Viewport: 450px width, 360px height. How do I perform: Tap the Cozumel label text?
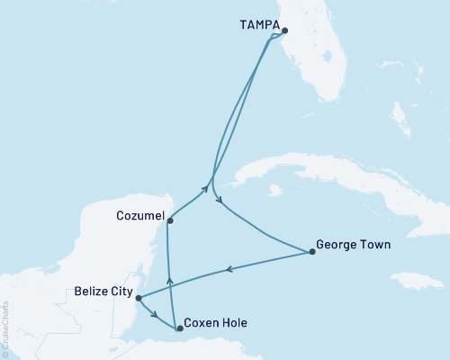(x=139, y=216)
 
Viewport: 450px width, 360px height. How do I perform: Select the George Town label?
(x=354, y=244)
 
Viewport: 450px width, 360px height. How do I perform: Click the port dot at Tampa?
(x=284, y=31)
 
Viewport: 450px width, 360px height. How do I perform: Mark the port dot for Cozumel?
(x=169, y=220)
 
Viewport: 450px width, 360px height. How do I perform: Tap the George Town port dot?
(x=311, y=252)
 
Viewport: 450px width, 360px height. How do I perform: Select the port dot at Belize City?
(x=138, y=297)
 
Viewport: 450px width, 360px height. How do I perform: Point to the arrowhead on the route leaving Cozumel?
(x=205, y=189)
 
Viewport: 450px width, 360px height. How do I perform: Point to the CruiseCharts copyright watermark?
(x=5, y=328)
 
